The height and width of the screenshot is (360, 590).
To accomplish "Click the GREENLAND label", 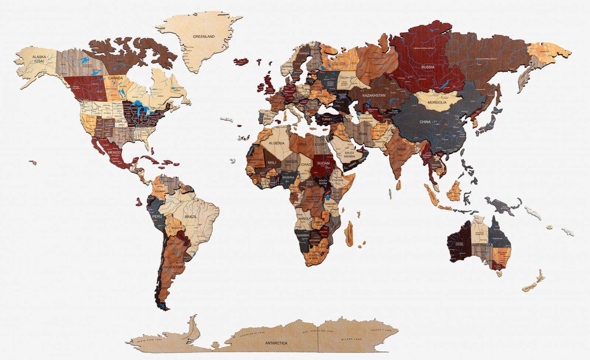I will pos(204,37).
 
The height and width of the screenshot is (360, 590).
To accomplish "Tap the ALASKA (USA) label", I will pos(39,59).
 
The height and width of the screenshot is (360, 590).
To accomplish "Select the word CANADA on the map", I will pos(115,78).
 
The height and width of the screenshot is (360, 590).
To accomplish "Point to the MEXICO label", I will pos(115,152).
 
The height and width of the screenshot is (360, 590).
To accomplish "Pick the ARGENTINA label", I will pos(173,266).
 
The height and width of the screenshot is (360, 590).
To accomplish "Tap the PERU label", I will pos(157,217).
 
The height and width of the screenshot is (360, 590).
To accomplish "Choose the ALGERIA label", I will pos(277,143).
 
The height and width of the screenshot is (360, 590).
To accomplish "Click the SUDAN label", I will pos(323,163).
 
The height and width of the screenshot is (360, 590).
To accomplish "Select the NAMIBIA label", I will pos(303,235).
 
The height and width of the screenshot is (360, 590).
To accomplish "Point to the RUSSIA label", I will pos(428,67).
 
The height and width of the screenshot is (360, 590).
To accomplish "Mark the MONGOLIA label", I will pos(437,102).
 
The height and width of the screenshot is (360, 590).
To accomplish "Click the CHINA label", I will pos(425,122).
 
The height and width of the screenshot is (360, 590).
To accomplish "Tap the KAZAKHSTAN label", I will pos(374,95).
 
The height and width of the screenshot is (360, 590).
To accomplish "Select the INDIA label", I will pos(401,149).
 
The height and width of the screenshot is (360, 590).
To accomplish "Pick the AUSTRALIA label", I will pos(482,245).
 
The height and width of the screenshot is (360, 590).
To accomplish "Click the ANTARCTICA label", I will pos(276,343).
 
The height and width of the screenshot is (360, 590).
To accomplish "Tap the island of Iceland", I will pos(242,61).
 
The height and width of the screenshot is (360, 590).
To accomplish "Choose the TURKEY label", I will pos(327,119).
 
